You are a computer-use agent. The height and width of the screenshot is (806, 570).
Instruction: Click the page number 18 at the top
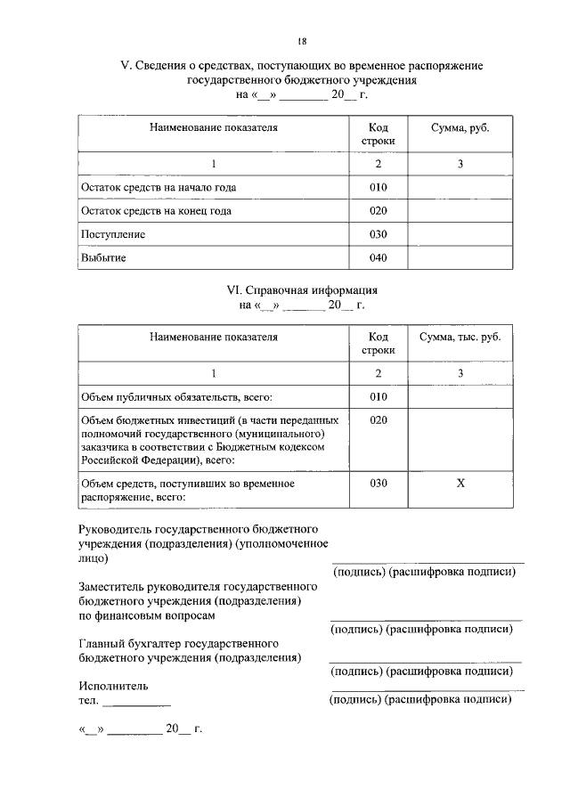click(302, 41)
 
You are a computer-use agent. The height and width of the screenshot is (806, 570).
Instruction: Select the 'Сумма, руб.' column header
click(460, 128)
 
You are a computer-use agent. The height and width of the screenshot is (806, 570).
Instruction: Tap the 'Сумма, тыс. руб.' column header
click(460, 338)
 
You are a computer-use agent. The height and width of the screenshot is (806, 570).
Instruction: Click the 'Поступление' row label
click(113, 234)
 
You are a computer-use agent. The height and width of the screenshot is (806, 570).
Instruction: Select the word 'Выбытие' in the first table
click(103, 258)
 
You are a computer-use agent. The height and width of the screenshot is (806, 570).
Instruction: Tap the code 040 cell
click(379, 258)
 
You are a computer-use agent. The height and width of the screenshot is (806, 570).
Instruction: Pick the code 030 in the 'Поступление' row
click(379, 234)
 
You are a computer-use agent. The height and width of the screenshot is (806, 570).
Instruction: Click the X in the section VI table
click(460, 483)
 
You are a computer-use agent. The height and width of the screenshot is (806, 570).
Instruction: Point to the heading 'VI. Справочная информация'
click(302, 290)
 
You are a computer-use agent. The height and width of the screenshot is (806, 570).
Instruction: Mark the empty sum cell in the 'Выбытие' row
click(460, 258)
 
